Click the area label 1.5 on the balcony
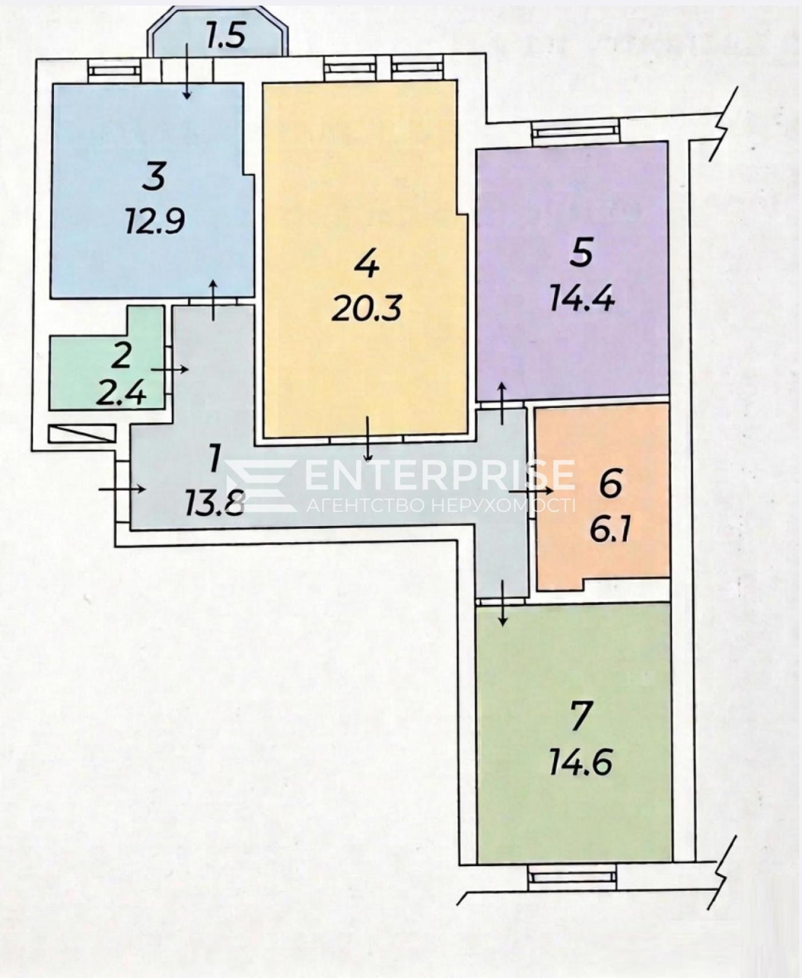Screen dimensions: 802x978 225,36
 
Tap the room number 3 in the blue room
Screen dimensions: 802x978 155,176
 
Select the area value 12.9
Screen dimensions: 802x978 155,221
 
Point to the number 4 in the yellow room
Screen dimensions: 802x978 367,264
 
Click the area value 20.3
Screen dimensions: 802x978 367,308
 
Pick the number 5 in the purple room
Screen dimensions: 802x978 581,253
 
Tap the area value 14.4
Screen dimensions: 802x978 581,298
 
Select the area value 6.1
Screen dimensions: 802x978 610,529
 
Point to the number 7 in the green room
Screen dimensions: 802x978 581,716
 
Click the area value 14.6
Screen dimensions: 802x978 581,762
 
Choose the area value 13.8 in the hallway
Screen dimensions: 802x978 215,504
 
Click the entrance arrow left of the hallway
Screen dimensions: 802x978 123,489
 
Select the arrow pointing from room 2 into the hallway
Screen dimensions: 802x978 170,370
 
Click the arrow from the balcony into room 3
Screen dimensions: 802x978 187,70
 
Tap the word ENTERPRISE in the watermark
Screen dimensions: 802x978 440,475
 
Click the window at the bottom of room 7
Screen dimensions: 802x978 572,877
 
